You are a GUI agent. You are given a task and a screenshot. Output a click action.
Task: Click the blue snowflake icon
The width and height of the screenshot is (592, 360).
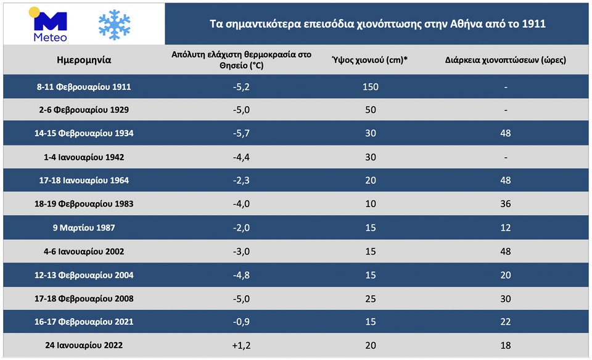[x=114, y=25]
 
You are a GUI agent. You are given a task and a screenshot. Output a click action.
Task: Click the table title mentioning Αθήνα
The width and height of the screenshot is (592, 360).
[x=377, y=25]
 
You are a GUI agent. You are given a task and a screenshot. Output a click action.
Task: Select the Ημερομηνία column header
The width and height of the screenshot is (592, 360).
[x=84, y=60]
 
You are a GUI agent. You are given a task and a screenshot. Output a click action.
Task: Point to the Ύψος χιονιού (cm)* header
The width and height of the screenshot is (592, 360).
[x=370, y=60]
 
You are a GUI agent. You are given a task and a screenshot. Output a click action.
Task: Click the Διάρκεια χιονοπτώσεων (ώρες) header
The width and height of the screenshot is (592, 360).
[x=506, y=60]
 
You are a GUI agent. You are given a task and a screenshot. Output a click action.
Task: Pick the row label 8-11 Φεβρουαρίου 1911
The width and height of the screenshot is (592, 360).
[x=84, y=87]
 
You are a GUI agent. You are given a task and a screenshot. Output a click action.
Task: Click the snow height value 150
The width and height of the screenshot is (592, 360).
[x=370, y=87]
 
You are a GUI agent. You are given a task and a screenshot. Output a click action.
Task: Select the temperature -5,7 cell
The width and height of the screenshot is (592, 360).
[x=242, y=133]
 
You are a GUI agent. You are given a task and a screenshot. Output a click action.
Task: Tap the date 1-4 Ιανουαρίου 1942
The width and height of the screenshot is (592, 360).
[x=84, y=157]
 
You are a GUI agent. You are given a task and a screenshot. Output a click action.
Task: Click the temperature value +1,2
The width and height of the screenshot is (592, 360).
[x=242, y=345]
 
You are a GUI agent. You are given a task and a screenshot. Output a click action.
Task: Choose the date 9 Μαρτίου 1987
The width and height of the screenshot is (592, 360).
[x=84, y=228]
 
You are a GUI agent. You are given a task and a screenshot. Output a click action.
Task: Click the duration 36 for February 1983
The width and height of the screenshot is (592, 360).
[x=506, y=204]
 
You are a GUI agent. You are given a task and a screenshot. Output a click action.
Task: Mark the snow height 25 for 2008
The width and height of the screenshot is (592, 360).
[x=370, y=299]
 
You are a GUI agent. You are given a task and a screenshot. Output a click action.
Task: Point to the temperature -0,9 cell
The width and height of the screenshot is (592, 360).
[x=242, y=322]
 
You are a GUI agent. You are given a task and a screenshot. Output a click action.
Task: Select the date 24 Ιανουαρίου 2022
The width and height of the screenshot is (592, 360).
[x=84, y=345]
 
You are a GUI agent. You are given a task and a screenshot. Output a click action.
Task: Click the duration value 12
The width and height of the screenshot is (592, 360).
[x=506, y=228]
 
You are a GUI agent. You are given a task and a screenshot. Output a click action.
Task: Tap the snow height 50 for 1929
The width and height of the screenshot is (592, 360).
[x=370, y=110]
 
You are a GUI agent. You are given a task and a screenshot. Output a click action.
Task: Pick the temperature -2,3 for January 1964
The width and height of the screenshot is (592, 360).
[x=242, y=181]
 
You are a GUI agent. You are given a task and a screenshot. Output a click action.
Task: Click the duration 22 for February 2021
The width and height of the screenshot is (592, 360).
[x=506, y=322]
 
